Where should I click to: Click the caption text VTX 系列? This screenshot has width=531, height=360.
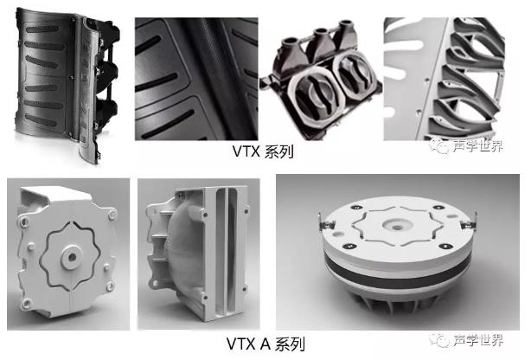pyautogui.click(x=263, y=151)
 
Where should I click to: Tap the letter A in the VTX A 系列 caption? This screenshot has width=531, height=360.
pyautogui.click(x=265, y=344)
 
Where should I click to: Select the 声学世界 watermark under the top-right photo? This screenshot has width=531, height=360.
pyautogui.click(x=466, y=145)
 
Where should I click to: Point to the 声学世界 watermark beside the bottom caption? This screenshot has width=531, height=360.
pyautogui.click(x=466, y=339)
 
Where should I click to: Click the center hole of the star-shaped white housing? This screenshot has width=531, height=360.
pyautogui.click(x=72, y=257)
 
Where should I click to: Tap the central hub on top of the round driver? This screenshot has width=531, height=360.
pyautogui.click(x=397, y=224)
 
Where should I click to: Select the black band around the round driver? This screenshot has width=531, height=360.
pyautogui.click(x=397, y=271)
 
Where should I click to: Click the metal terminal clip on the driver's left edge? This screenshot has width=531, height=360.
pyautogui.click(x=326, y=222)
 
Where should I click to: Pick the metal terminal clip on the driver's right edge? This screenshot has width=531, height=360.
pyautogui.click(x=469, y=222)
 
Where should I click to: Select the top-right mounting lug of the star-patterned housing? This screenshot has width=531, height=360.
pyautogui.click(x=112, y=215)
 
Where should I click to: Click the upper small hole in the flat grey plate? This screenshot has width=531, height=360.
pyautogui.click(x=426, y=80)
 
